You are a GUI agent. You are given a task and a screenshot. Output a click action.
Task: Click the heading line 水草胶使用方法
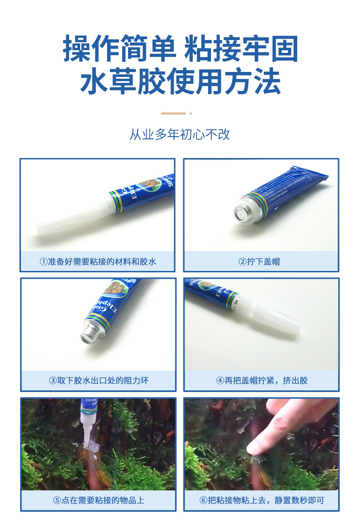click(x=180, y=82)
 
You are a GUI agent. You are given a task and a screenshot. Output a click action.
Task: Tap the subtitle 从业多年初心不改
click(x=180, y=135)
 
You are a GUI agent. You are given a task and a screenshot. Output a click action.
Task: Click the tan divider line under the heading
click(x=174, y=113)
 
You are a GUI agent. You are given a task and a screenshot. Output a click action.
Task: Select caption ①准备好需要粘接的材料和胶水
click(x=98, y=261)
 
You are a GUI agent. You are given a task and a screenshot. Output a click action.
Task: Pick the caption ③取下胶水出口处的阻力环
click(x=98, y=380)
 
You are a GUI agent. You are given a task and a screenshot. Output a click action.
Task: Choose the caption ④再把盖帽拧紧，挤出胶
click(x=262, y=380)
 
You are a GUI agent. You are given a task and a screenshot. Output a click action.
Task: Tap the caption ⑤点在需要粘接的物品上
click(x=98, y=500)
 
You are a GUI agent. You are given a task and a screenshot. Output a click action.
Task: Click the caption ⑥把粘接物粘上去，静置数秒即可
click(x=262, y=500)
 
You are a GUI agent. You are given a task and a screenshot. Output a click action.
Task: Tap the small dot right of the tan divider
click(x=190, y=113)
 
